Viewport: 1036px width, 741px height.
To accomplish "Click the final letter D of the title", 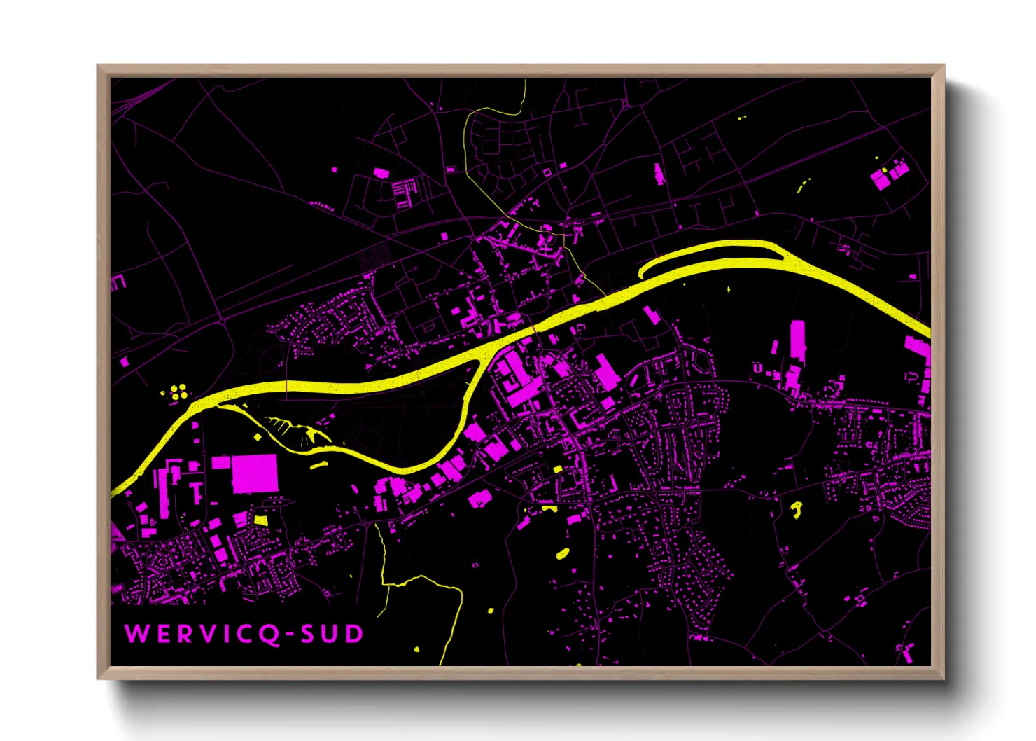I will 354,635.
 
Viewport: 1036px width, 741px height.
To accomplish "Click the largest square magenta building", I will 255,473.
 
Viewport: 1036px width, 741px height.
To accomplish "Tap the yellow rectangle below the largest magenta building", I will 260,520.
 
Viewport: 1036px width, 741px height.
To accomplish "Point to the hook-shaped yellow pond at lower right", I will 797,509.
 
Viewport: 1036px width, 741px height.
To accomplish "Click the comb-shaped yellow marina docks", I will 294,430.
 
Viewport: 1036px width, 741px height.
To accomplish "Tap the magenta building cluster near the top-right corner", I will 889,173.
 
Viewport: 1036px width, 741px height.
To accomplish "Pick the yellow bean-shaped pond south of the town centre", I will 562,554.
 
